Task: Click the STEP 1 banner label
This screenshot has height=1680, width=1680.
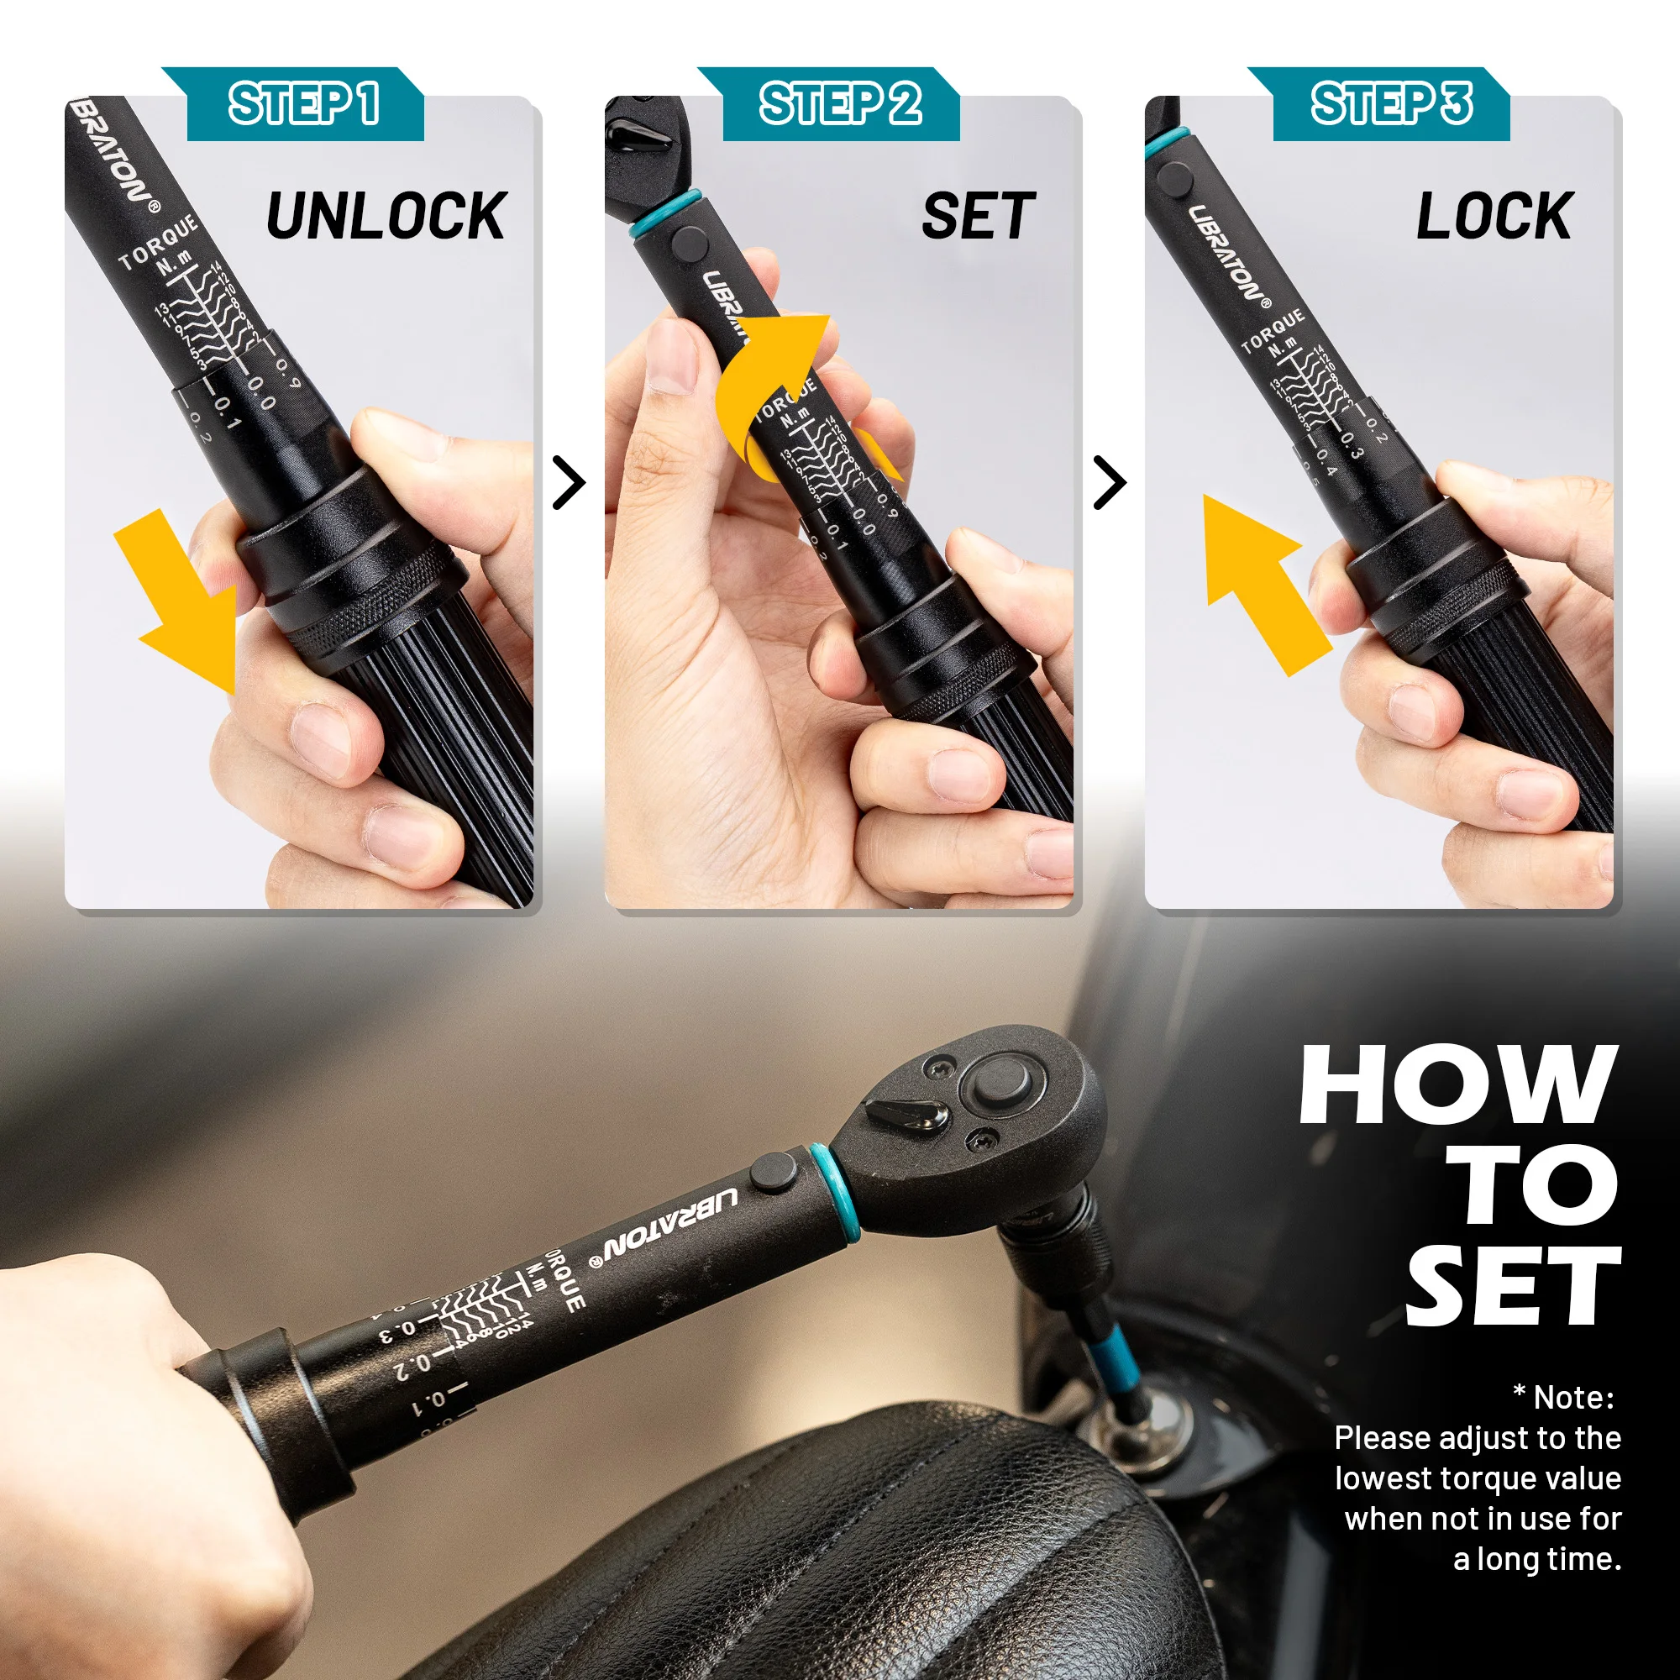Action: point(304,103)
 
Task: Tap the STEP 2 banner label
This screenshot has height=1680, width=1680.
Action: point(840,103)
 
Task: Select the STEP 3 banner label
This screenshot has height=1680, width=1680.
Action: point(1391,103)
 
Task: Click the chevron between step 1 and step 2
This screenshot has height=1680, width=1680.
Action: point(570,484)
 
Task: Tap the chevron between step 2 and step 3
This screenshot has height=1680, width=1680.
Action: point(1110,484)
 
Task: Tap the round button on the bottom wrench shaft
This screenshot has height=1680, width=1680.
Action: point(773,1171)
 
